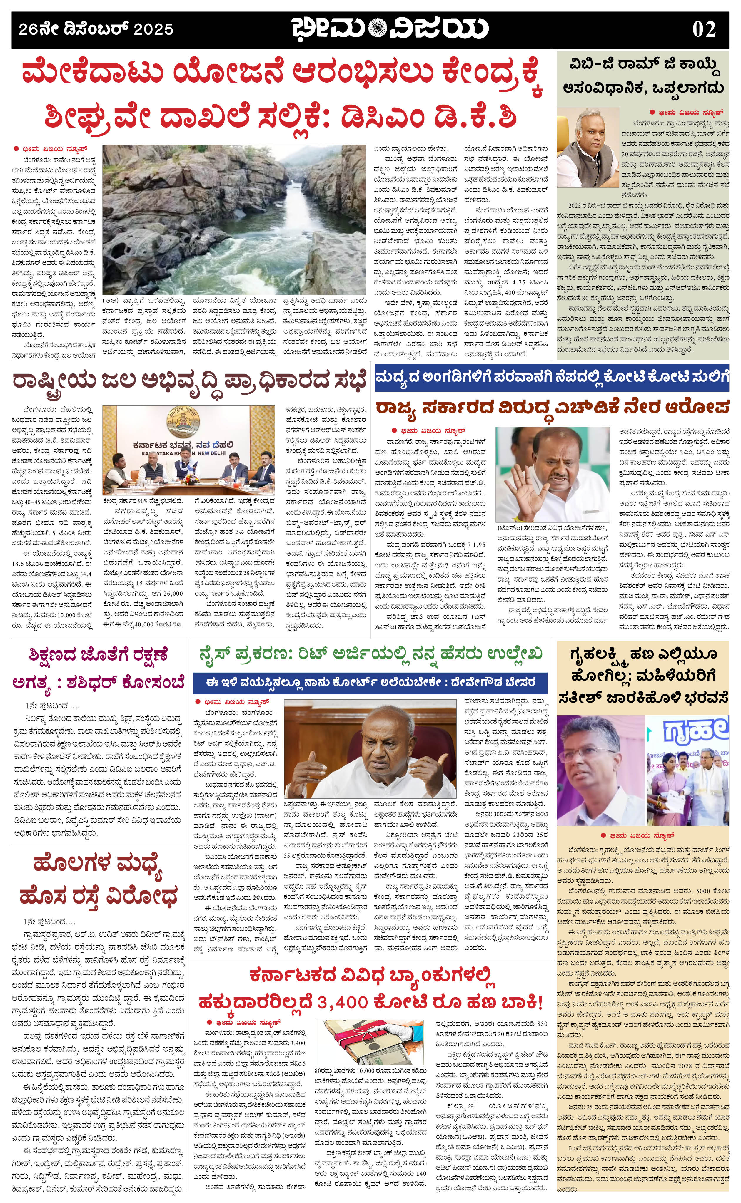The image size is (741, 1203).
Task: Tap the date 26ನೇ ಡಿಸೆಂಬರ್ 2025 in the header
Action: coord(96,29)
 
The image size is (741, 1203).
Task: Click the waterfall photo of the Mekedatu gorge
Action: coord(234,219)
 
